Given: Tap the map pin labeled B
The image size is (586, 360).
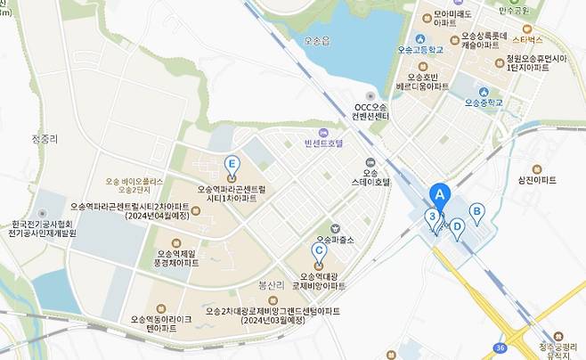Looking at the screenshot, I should click(x=476, y=212).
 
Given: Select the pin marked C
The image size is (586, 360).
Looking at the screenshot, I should click(x=319, y=252).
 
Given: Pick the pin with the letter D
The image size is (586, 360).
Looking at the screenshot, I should click(x=457, y=226).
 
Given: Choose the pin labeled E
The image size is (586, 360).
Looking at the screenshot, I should click(x=232, y=164).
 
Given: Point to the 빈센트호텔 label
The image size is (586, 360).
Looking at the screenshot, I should click(x=323, y=143).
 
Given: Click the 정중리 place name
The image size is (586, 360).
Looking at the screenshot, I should click(x=44, y=139).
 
